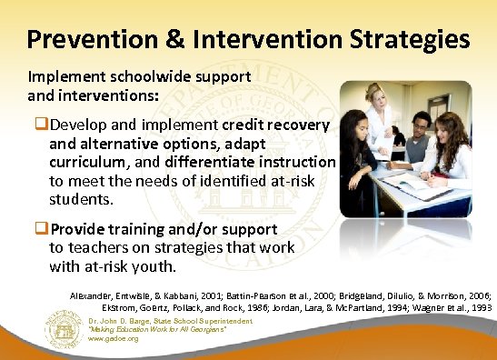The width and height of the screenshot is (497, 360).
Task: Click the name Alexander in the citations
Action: click(x=96, y=296)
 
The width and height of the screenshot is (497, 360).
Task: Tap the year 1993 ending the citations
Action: click(x=477, y=309)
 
